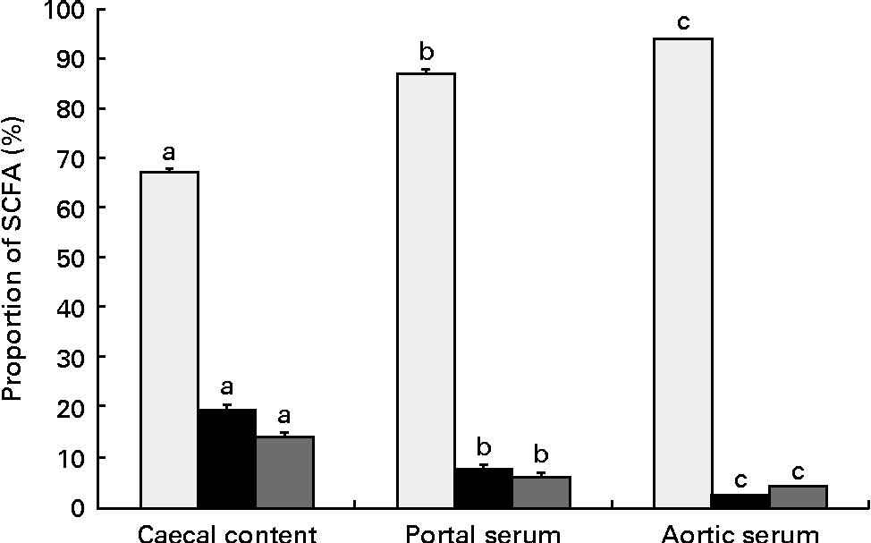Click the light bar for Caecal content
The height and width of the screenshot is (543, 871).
170,340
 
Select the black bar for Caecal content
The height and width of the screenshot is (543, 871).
227,458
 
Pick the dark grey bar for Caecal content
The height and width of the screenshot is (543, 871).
284,471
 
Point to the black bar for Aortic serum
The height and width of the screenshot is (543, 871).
740,500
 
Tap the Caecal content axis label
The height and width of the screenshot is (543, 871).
227,534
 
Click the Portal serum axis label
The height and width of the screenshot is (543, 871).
484,534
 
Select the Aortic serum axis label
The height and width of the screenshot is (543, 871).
740,534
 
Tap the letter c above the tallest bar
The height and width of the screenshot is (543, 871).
683,22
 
